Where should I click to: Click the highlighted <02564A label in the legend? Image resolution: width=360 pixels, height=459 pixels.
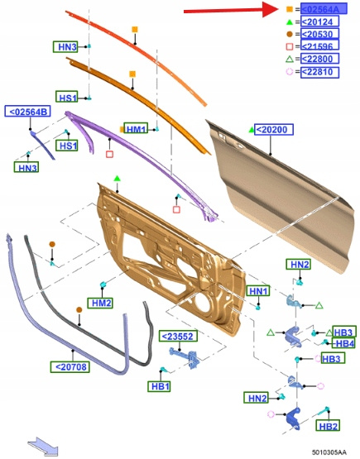point(324,9)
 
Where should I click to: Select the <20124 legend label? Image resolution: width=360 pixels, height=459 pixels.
point(319,22)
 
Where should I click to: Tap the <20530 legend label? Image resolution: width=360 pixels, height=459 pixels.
point(319,34)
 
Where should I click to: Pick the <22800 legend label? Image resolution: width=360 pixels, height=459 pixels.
point(319,59)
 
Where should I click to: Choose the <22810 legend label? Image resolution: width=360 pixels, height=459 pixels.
point(319,72)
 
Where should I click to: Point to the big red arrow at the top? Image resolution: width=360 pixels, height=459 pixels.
point(232,10)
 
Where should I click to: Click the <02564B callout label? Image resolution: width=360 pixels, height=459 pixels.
point(27,112)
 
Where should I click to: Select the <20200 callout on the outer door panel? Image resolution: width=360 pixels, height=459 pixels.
point(274,129)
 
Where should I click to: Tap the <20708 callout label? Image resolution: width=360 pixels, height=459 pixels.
point(70,367)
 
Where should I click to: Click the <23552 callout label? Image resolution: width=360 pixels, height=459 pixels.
point(178,336)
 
